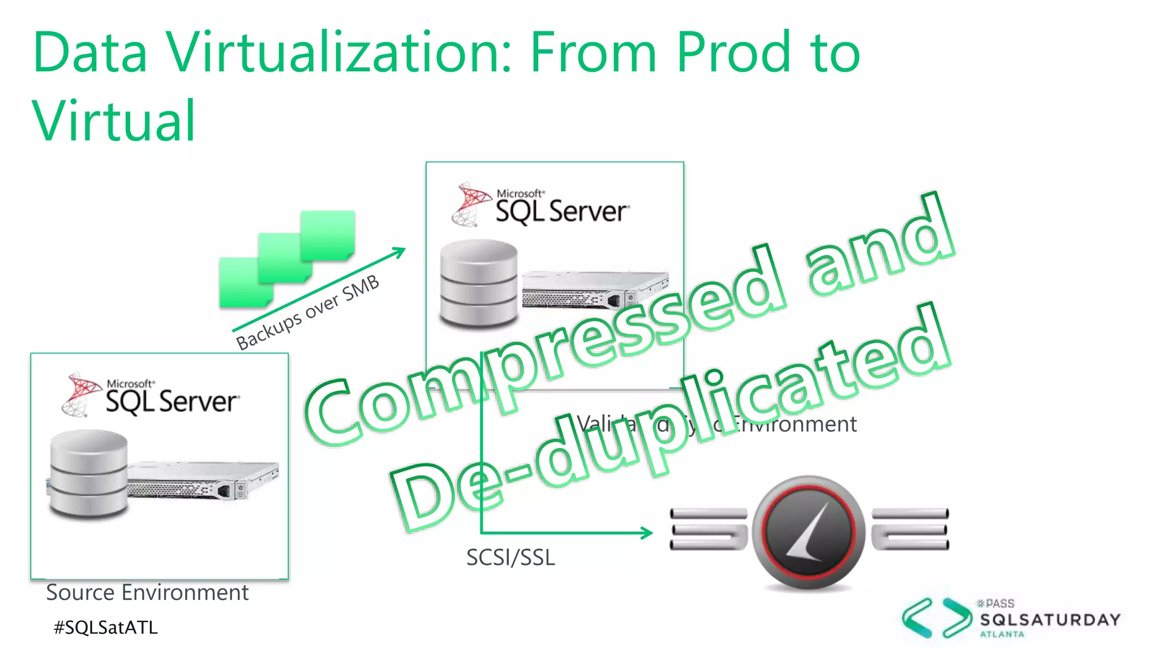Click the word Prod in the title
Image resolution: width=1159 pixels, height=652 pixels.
tap(733, 52)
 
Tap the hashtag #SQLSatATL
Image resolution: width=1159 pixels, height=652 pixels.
tap(105, 627)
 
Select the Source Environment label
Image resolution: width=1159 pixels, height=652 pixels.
tap(147, 593)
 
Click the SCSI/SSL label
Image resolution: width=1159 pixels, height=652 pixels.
tap(510, 557)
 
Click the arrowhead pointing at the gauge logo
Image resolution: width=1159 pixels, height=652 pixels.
tap(647, 533)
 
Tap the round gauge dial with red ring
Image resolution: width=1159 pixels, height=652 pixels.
tap(808, 531)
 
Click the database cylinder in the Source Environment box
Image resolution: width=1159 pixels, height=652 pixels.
tap(88, 474)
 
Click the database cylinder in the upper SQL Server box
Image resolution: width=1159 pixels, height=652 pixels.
tap(479, 284)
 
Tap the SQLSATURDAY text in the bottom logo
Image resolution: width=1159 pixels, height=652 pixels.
tap(1050, 620)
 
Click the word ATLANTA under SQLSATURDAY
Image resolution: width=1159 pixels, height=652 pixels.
tap(1002, 634)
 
